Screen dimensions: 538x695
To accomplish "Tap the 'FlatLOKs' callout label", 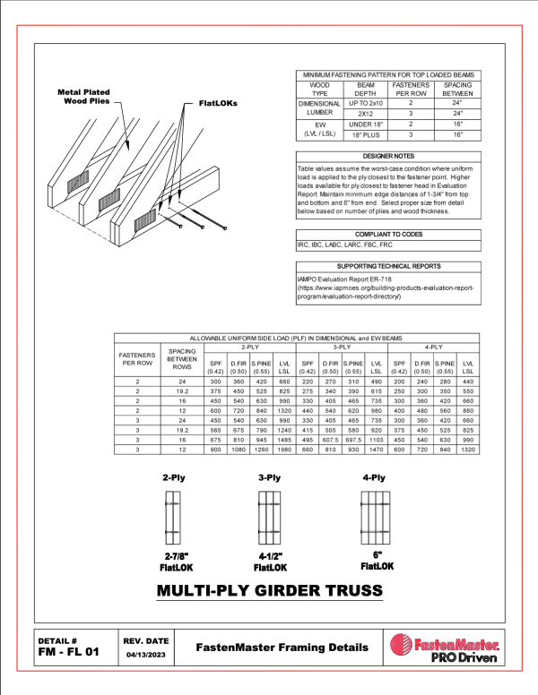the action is (x=212, y=103).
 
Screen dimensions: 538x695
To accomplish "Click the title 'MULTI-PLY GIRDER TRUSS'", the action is (x=270, y=591).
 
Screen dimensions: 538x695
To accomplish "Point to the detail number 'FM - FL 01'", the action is (x=69, y=652).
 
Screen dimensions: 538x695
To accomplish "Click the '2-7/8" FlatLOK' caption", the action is (x=175, y=562).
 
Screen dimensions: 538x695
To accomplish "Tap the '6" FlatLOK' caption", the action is (x=377, y=562).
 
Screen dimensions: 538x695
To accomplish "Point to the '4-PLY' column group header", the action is (x=435, y=347).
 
